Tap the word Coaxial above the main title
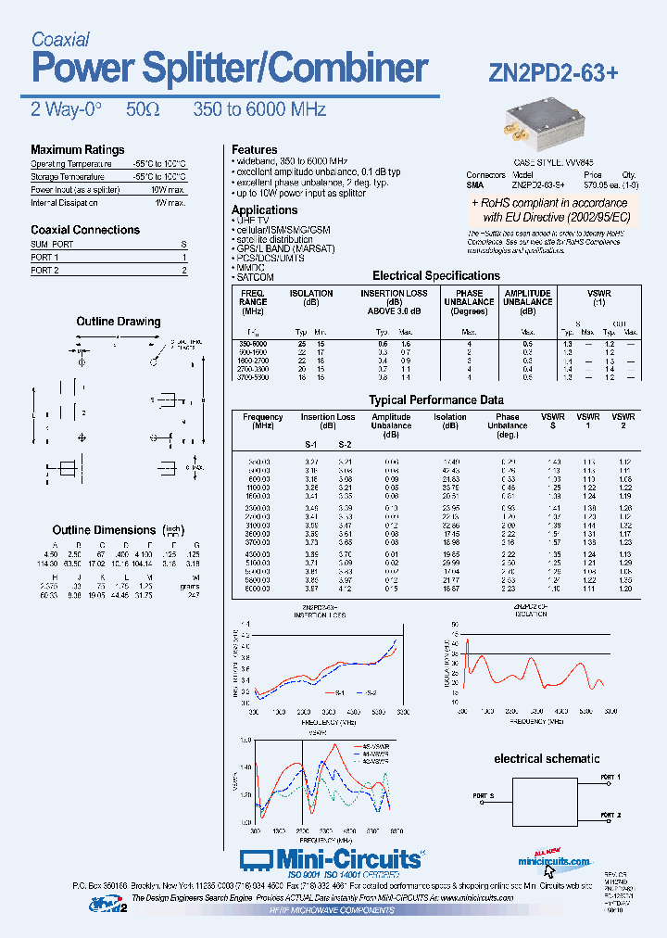60,39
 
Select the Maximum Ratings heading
77,149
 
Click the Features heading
254,149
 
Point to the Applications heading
264,210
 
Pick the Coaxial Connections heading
85,230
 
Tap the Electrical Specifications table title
435,275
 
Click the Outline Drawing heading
118,322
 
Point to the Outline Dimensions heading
103,529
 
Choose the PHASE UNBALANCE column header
469,298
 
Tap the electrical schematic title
544,758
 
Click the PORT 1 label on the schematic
610,777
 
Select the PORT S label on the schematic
484,796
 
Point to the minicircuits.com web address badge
554,859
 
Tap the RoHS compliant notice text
549,209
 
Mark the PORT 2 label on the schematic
610,815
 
